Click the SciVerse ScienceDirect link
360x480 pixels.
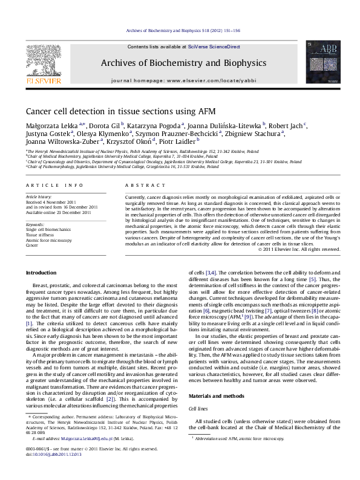click(x=214, y=47)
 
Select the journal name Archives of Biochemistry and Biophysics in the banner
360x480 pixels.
click(x=183, y=63)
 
